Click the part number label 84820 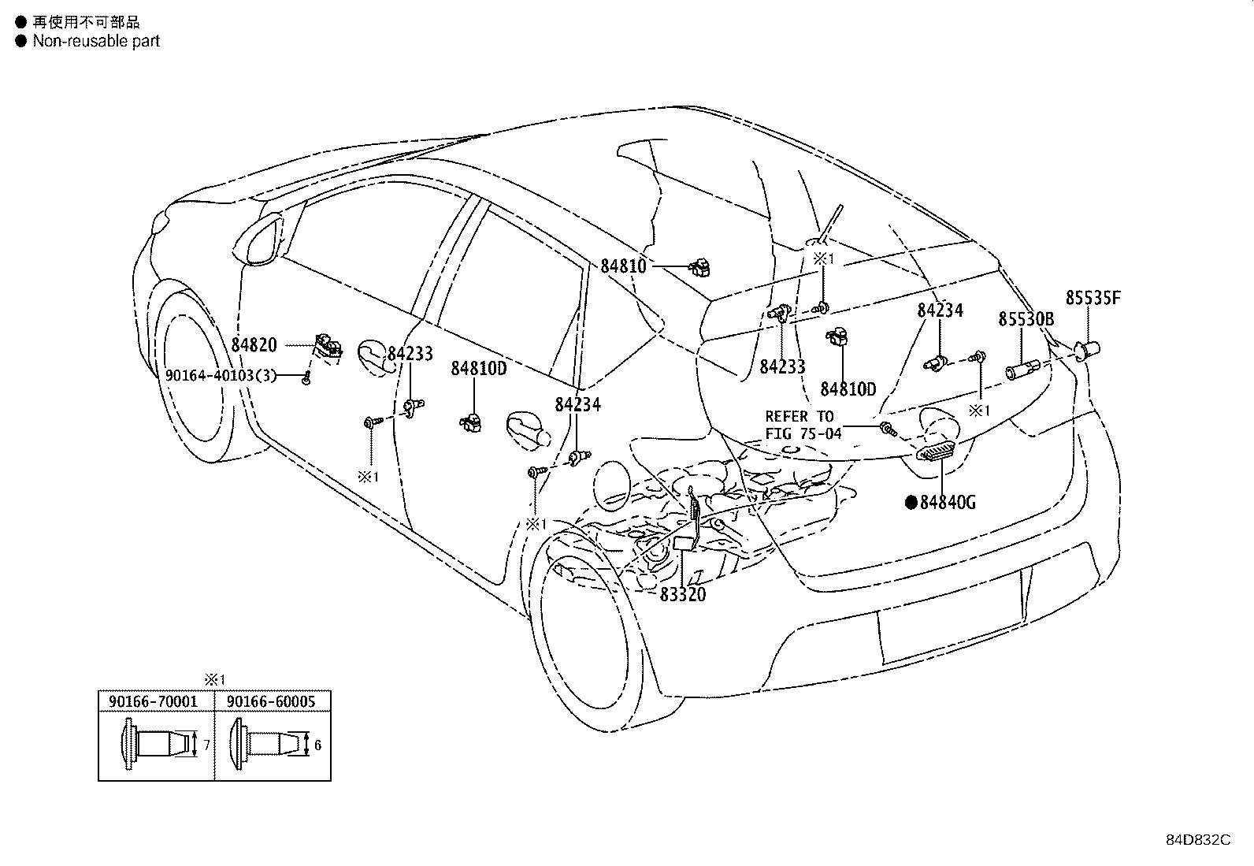[254, 345]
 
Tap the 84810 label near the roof [623, 266]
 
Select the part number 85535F [1093, 298]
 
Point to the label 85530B [1026, 318]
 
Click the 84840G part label [948, 503]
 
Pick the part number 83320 [682, 594]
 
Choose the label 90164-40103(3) [221, 375]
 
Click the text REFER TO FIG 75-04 [803, 425]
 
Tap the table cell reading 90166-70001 [154, 701]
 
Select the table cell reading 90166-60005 [271, 701]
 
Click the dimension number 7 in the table [206, 745]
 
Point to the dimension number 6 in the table [318, 745]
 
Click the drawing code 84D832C [1198, 840]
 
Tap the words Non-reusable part [96, 41]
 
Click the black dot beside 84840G [911, 503]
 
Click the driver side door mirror [258, 241]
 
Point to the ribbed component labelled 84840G [936, 451]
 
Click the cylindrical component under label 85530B [1023, 370]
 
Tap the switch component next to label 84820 [328, 346]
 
